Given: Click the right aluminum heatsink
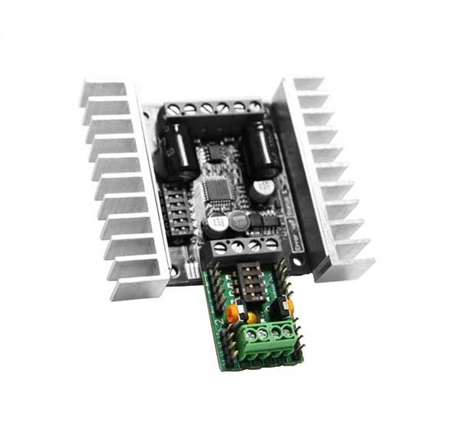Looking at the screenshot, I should (328, 176).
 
